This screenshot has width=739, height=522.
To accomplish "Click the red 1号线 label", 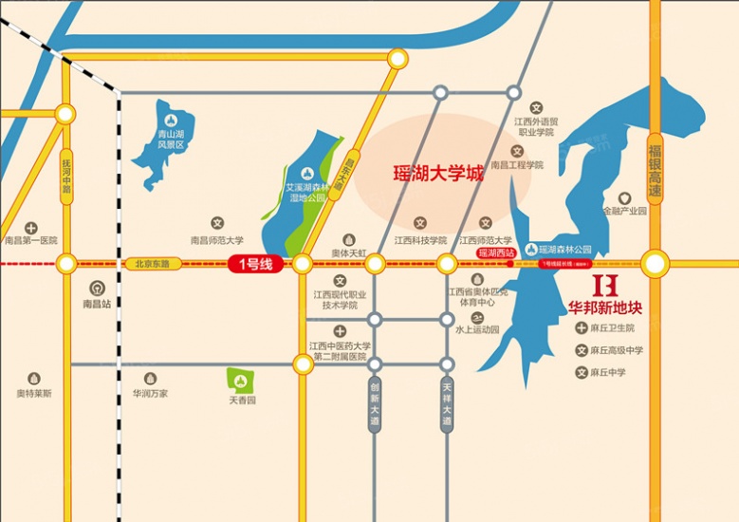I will point(254,264).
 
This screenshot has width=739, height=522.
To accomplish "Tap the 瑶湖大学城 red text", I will point(438,174).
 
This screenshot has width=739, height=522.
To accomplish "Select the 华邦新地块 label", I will point(604,308).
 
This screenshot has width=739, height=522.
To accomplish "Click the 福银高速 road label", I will point(654,170).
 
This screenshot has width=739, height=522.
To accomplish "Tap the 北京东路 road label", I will point(151,264).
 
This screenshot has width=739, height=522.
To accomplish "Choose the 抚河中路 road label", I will point(65,176).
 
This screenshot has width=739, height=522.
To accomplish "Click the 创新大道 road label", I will point(376,402).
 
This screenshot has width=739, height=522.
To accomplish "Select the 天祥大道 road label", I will point(448,402).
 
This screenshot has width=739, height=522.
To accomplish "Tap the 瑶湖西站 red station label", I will point(495,253).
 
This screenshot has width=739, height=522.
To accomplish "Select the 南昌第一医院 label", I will point(31,241).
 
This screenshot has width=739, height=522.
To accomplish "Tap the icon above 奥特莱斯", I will point(34,378).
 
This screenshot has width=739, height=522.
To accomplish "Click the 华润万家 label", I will point(150,393).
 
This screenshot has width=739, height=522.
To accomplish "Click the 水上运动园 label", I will point(476,330).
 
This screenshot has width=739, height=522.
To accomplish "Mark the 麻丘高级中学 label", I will point(616,350).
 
